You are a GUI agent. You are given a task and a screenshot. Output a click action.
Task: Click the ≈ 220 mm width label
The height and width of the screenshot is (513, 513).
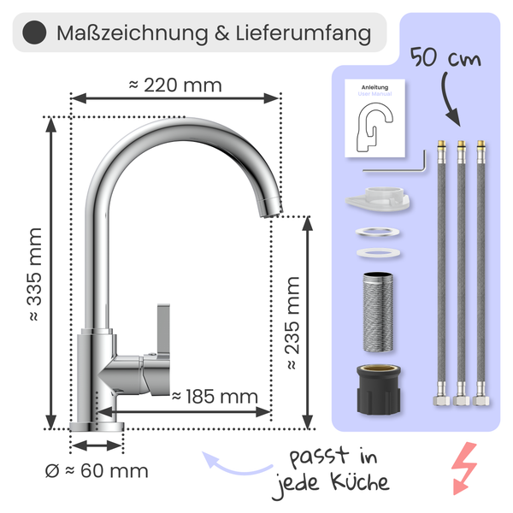175,85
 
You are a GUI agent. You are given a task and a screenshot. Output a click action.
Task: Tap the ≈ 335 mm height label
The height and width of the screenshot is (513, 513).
35,274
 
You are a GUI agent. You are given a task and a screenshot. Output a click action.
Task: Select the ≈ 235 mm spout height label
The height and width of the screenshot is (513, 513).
292,323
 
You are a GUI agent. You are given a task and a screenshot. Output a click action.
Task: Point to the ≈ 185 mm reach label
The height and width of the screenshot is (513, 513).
215,397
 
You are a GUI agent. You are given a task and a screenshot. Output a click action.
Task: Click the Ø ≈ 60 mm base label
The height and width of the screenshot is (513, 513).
97,471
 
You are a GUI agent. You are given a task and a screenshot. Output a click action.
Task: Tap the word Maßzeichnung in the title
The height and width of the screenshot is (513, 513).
133,33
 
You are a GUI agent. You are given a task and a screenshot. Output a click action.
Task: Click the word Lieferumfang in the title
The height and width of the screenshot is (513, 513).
304,33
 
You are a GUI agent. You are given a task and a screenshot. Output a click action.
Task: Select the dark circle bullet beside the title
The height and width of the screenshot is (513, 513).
34,32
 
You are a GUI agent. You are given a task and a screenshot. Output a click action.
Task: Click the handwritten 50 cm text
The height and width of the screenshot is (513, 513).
445,57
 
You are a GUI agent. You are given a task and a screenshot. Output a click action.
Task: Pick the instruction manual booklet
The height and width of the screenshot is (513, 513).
375,118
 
